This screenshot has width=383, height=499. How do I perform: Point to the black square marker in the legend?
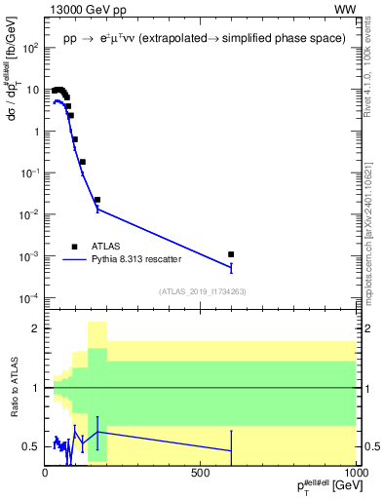click(x=76, y=247)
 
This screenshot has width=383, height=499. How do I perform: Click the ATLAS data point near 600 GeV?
click(x=231, y=254)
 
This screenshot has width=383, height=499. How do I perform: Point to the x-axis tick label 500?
click(x=201, y=472)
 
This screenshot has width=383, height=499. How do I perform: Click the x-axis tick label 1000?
click(x=354, y=472)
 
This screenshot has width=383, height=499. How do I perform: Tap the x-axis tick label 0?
click(x=45, y=472)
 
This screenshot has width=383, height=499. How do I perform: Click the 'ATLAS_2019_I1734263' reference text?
click(x=201, y=290)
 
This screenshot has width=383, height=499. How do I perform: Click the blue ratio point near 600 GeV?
click(x=231, y=450)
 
